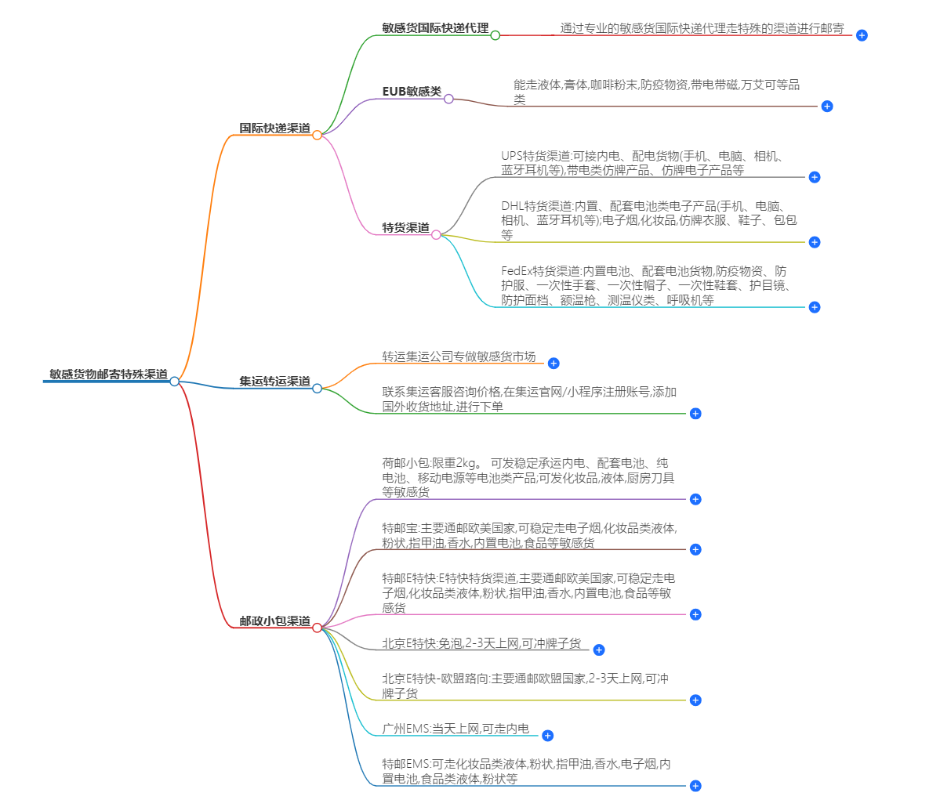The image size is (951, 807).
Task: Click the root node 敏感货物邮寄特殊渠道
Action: point(108,375)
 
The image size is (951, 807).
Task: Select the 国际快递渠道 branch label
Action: point(274,128)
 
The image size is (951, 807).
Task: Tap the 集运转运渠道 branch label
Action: point(274,382)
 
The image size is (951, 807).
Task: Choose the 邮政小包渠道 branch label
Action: point(274,621)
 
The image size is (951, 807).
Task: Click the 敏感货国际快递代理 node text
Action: point(435,28)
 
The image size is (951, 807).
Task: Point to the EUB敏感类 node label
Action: point(412,92)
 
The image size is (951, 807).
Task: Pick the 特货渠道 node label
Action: point(405,228)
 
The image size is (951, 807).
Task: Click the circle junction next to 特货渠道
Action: point(436,234)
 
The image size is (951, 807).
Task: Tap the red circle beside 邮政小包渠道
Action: point(317,628)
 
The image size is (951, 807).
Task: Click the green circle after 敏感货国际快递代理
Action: point(495,35)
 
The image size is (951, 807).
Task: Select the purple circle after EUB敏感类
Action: point(448,99)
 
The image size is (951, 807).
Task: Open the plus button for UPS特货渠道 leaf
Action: point(814,177)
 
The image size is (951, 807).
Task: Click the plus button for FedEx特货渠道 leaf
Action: point(814,307)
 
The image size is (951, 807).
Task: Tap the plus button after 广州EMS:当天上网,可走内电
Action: point(547,736)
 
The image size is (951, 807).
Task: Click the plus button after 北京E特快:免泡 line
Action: point(598,650)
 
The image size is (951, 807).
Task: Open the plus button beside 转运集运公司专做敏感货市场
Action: point(554,364)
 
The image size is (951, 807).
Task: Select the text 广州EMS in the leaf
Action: point(405,729)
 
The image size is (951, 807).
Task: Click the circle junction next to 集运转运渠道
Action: point(317,388)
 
